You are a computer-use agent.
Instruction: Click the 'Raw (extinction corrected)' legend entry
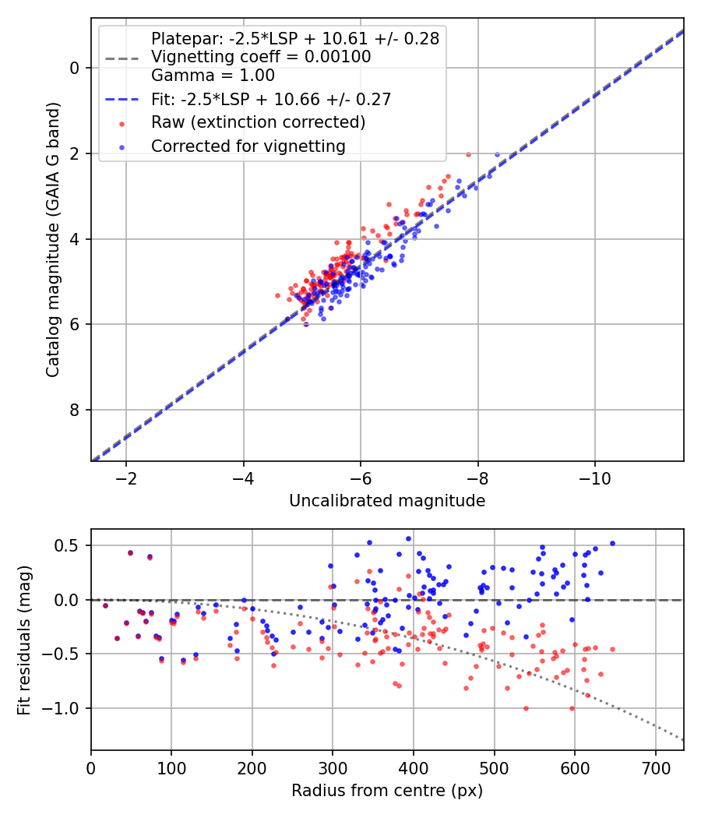(258, 122)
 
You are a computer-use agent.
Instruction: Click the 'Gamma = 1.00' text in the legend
(213, 76)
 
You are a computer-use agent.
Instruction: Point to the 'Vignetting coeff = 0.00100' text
(261, 57)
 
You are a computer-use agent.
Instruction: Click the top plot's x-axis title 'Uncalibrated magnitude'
(387, 501)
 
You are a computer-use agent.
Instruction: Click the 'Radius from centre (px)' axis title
(387, 791)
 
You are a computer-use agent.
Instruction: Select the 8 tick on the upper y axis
(75, 410)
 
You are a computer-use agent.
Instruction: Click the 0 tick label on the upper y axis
(75, 68)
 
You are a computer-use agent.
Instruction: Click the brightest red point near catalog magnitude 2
(468, 154)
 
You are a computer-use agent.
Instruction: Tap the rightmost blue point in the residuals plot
(612, 543)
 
